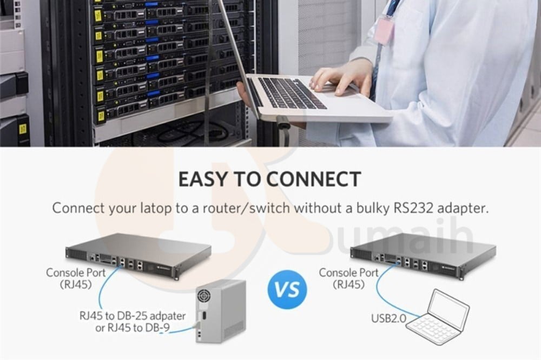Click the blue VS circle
point(287,289)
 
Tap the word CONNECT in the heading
point(314,179)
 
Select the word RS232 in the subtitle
point(413,208)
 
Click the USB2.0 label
point(389,318)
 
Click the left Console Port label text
point(76,278)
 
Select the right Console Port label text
point(349,278)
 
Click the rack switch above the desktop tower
point(138,255)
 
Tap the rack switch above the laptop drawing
point(424,255)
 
